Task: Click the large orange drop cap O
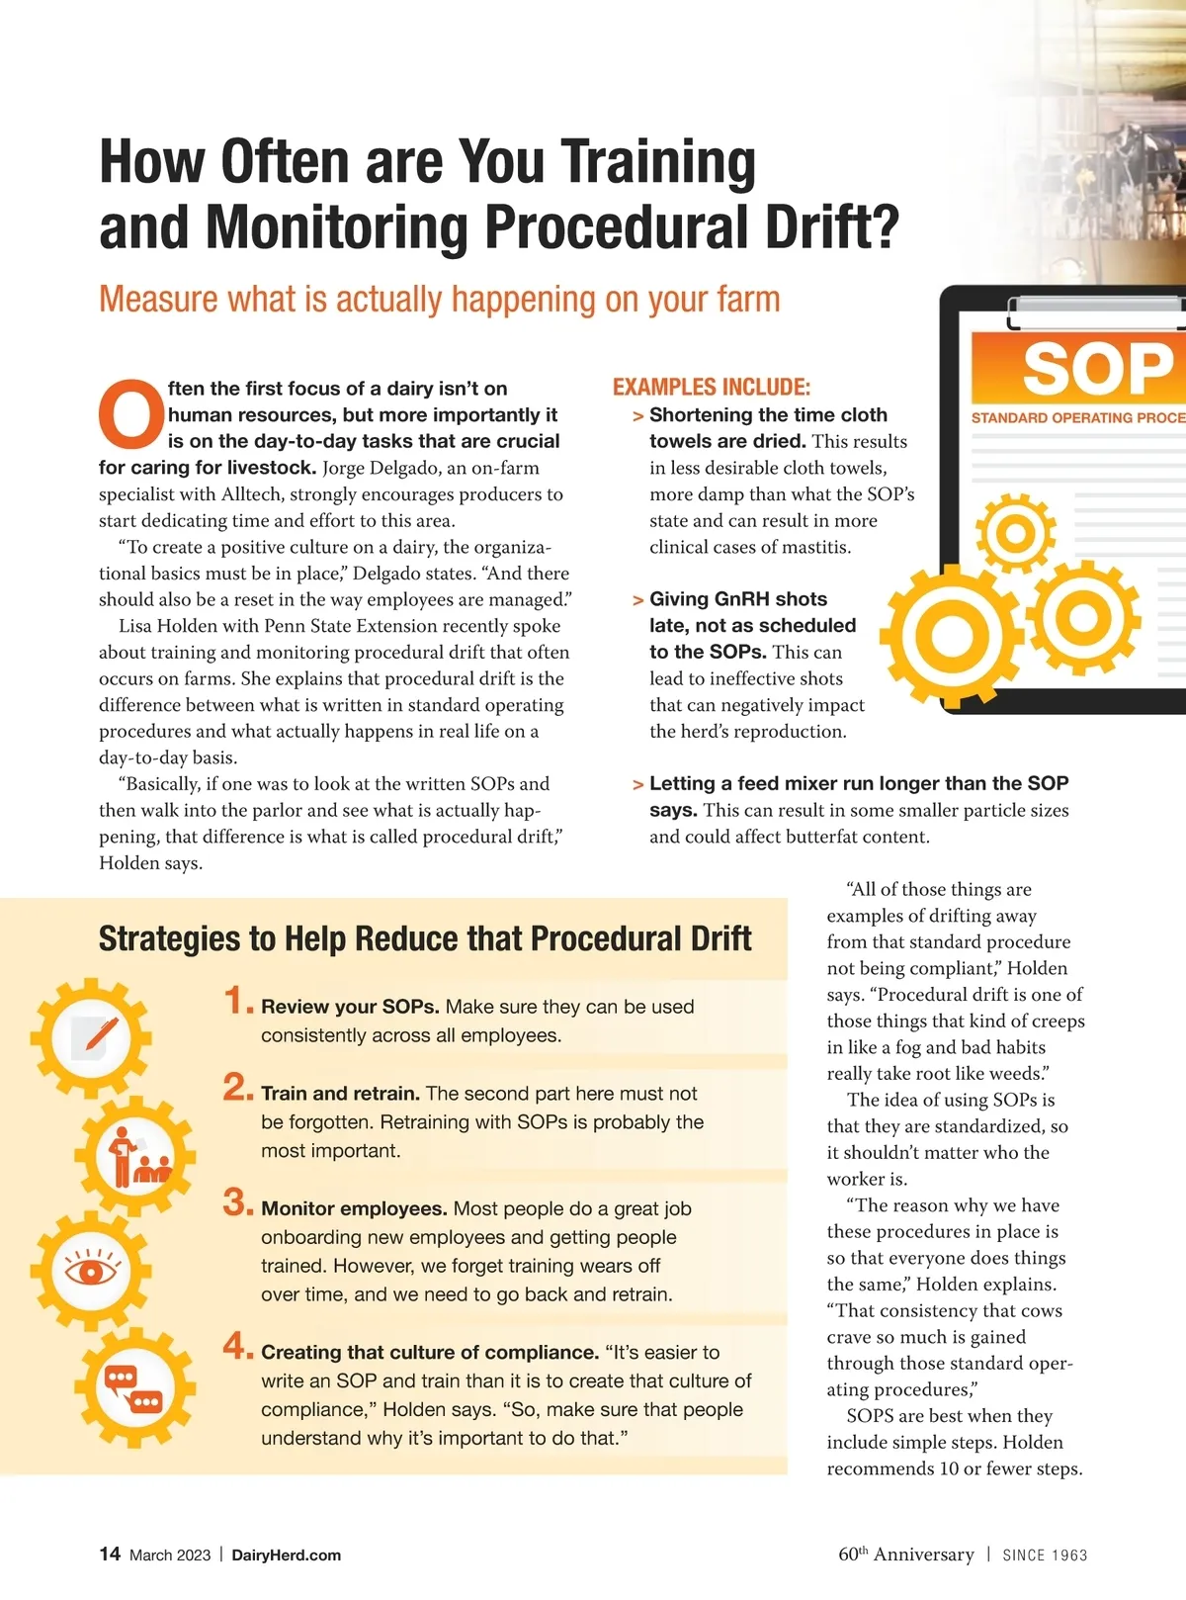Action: (131, 414)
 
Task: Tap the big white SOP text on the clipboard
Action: (1097, 369)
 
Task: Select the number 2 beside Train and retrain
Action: (236, 1088)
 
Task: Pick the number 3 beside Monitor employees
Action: (236, 1202)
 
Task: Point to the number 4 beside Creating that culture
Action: (236, 1346)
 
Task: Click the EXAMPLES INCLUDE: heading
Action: (711, 387)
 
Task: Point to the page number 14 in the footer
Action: (110, 1554)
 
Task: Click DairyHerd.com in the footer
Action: (286, 1555)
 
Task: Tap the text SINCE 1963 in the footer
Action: (1045, 1555)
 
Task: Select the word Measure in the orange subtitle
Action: (158, 299)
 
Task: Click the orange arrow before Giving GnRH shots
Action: (638, 600)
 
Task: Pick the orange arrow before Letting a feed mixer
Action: (638, 784)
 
